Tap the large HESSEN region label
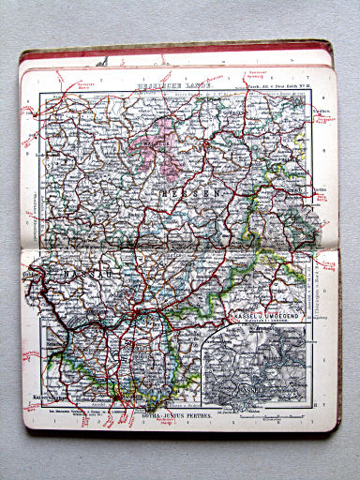tap(199, 192)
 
